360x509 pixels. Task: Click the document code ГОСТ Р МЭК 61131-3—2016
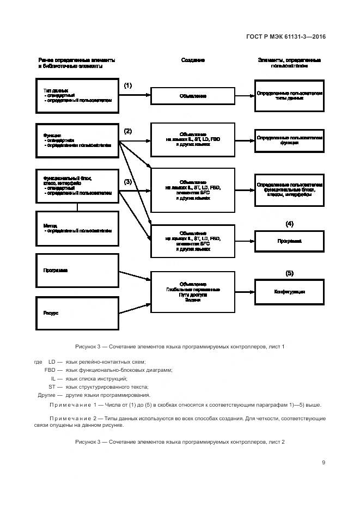[285, 36]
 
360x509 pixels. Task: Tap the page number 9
[324, 463]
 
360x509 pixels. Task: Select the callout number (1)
[127, 85]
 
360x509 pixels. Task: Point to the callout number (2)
[127, 131]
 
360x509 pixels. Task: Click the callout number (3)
[127, 181]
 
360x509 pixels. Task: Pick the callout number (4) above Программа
[289, 224]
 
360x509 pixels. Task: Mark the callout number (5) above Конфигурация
[289, 273]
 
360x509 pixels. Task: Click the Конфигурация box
[289, 292]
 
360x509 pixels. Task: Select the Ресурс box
[77, 313]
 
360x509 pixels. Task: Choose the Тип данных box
[77, 96]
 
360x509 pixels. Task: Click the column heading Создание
[193, 60]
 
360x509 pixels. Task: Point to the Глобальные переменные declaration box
[193, 295]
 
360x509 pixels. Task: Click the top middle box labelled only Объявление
[193, 96]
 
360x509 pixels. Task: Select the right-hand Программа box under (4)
[289, 241]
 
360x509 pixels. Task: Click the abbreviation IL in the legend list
[53, 378]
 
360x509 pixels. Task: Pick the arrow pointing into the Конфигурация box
[245, 292]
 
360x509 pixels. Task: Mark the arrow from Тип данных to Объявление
[135, 96]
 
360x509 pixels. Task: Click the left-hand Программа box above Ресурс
[77, 271]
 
